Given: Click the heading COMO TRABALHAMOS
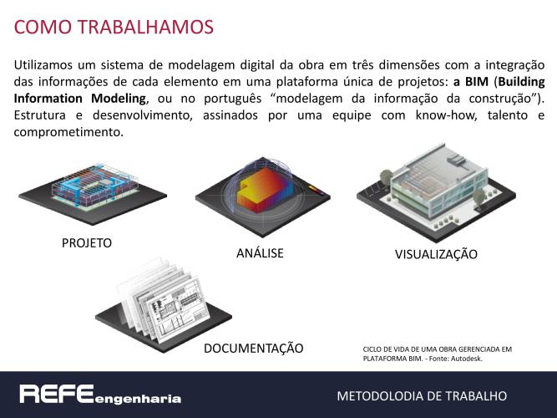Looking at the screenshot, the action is (114, 27).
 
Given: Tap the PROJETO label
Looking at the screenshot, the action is (87, 243).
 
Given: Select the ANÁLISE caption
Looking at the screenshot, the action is (260, 252).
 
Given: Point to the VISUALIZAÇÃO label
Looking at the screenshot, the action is (436, 254).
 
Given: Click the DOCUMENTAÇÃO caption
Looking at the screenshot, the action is (254, 349).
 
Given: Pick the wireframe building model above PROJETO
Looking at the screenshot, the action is (95, 185).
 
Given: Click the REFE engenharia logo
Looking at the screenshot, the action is (100, 395).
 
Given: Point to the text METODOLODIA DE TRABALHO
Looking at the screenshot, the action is (422, 396).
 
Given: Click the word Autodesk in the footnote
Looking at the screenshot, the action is (467, 359).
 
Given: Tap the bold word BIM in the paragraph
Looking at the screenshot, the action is (476, 82).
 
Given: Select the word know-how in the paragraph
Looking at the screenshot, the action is (446, 115).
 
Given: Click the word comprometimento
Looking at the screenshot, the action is (68, 132).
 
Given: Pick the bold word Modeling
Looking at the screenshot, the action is (119, 99).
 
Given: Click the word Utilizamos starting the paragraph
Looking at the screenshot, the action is (43, 65).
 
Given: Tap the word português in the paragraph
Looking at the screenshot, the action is (233, 99).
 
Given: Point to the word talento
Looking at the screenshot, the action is (508, 115).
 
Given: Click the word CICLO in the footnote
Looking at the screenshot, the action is (372, 349).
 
